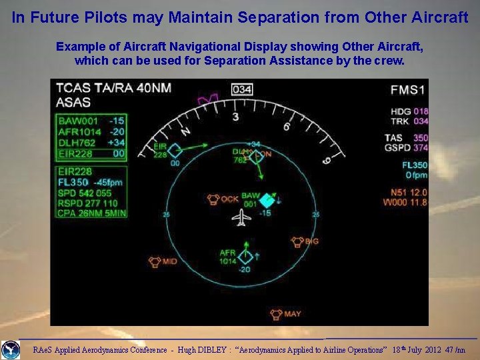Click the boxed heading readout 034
point(243,89)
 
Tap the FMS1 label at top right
point(409,90)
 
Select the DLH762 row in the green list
point(91,142)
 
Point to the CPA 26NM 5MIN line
point(91,213)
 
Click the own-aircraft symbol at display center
point(243,217)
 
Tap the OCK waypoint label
point(230,199)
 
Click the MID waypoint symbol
point(155,261)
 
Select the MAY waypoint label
point(293,313)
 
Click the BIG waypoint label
point(312,241)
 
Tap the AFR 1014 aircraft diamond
point(246,256)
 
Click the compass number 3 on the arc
point(235,117)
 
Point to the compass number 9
point(327,161)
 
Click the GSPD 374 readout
point(407,147)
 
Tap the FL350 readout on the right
point(414,165)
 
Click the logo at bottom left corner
point(10,349)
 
